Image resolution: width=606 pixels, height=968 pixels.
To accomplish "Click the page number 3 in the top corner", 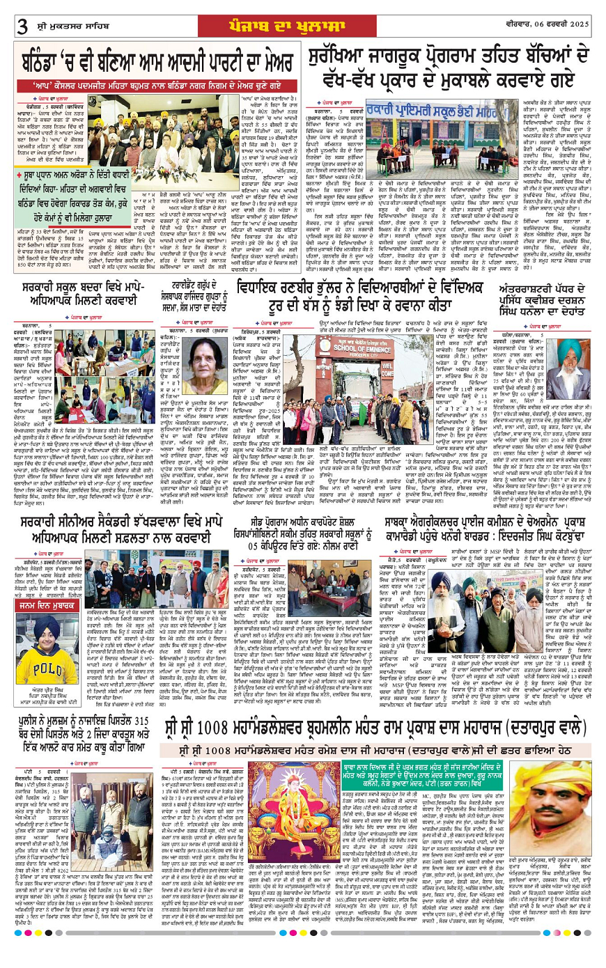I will [22, 26].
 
